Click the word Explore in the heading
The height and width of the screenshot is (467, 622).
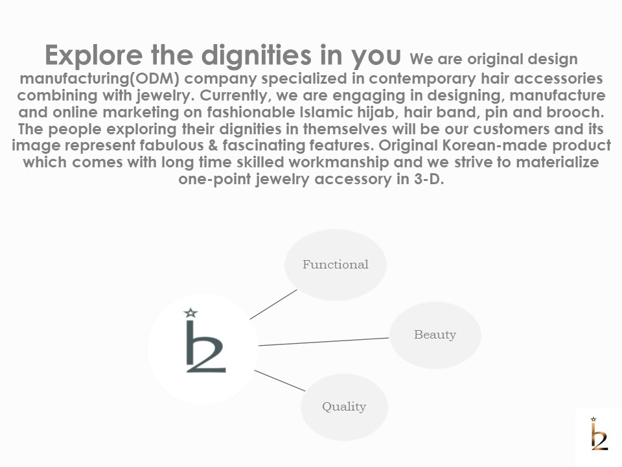click(x=93, y=55)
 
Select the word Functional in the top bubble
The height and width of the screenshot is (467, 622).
click(x=336, y=265)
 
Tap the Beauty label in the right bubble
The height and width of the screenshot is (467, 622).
click(x=435, y=335)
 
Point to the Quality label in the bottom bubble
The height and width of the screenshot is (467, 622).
click(x=344, y=407)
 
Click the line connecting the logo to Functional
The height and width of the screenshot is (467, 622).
click(x=273, y=305)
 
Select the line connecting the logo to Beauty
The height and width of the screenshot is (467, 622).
click(x=324, y=342)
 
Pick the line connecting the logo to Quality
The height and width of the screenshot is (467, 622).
click(x=280, y=381)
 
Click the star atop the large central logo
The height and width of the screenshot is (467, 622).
click(x=190, y=313)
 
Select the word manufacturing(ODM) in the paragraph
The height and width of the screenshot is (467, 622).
click(x=100, y=78)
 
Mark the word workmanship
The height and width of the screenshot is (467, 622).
click(x=339, y=162)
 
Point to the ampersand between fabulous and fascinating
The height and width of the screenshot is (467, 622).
click(x=213, y=145)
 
